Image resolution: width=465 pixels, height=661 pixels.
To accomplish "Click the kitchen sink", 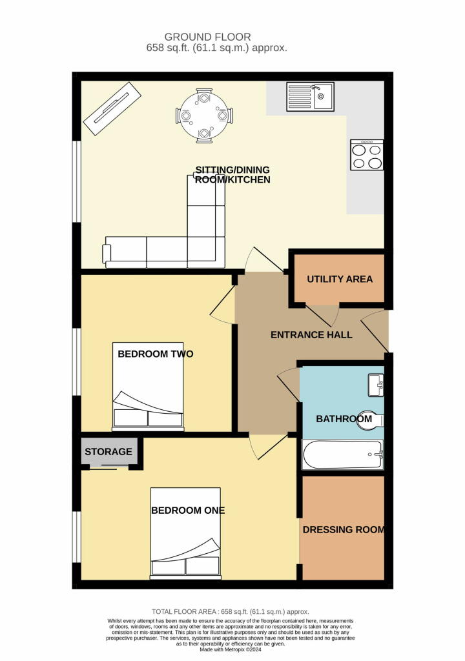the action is point(310,97).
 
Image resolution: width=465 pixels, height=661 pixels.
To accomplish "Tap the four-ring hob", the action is point(367,155).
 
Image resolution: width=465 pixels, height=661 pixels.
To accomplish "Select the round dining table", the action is point(204,116).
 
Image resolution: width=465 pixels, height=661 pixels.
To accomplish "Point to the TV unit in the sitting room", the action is point(112,108).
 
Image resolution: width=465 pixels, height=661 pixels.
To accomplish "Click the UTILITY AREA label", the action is point(340,279).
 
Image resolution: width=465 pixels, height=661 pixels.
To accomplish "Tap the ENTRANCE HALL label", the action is point(311,335).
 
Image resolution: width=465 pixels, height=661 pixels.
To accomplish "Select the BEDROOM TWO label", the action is point(155,354).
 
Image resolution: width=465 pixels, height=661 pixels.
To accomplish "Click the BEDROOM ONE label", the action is point(188,511).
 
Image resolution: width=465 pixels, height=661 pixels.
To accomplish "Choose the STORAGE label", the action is point(108,451).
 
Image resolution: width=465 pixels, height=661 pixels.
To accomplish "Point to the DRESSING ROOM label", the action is point(344,530).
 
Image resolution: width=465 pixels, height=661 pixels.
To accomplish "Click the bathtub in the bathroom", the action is point(343,454).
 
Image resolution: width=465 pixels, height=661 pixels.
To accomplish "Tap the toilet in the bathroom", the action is point(371,420).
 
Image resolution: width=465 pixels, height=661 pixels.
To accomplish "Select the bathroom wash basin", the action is point(376,385).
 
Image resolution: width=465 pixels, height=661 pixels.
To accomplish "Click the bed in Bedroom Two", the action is point(148,387).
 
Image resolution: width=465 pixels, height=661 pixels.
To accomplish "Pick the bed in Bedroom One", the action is point(185,533).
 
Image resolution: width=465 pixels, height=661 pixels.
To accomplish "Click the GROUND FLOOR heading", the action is point(207,37).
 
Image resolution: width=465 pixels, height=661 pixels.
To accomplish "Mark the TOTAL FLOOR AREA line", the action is point(231,612).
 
